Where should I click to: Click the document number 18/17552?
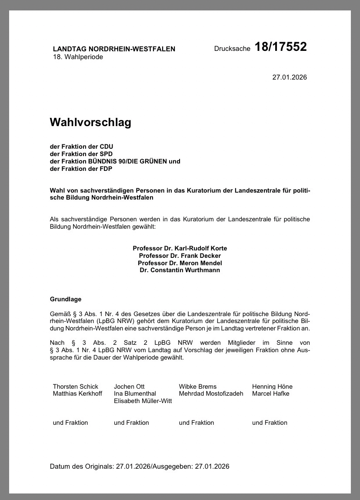coord(280,47)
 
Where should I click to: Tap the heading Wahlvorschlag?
coord(90,123)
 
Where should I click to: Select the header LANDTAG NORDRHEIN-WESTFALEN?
coord(114,49)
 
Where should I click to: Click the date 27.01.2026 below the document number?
coord(290,77)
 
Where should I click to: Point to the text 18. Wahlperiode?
coord(78,57)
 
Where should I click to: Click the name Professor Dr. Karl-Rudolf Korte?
coord(180,248)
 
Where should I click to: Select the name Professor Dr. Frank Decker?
coord(180,256)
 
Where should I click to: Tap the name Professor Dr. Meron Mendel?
coord(180,263)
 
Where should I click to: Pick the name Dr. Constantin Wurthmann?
coord(180,270)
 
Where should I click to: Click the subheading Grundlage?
coord(66,300)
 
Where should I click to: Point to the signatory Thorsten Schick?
coord(76,387)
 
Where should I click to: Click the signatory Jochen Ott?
coord(129,387)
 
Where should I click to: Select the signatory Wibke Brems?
coord(197,387)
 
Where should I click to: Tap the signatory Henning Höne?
coord(272,387)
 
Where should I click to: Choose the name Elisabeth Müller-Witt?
coord(143,401)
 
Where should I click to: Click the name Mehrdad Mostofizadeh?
coord(211,394)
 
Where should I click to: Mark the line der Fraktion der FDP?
coord(81,169)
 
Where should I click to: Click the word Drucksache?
coord(232,49)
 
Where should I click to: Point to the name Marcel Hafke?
coord(270,394)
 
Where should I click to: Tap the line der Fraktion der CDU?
coord(81,147)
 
